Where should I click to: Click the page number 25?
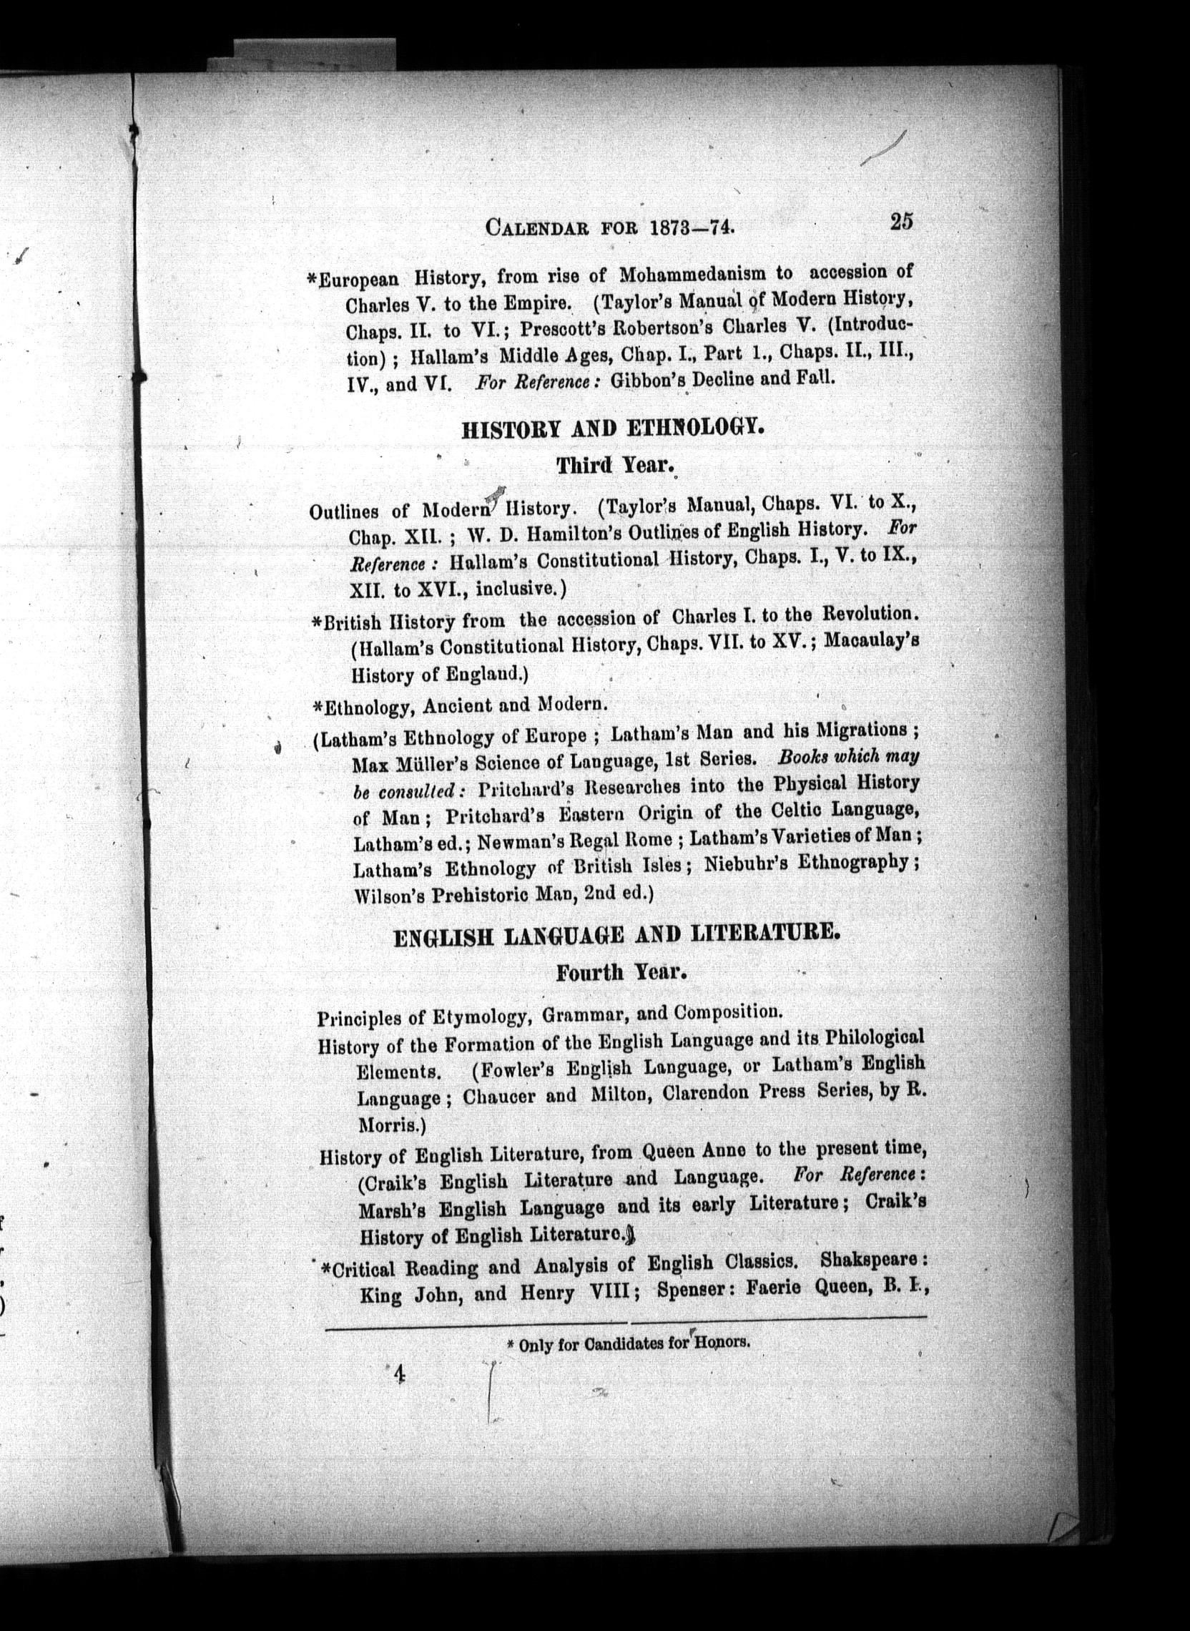tap(901, 220)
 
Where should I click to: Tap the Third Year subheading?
tap(614, 466)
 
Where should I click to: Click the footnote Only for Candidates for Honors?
tap(624, 1344)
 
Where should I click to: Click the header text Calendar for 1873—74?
tap(610, 227)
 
